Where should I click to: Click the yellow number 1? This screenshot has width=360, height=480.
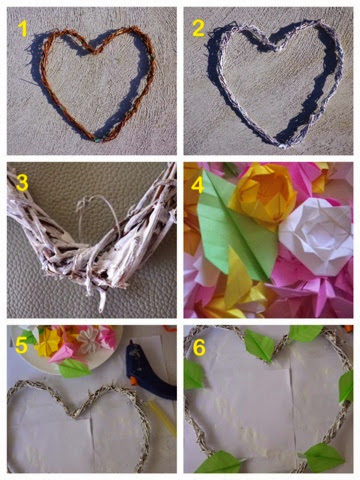click(22, 28)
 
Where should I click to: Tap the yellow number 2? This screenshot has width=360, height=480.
click(199, 28)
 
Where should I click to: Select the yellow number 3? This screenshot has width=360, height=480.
click(22, 183)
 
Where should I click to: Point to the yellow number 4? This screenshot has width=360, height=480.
click(197, 185)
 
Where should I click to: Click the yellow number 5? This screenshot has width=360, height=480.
click(21, 346)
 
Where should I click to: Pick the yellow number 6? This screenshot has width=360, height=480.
click(199, 348)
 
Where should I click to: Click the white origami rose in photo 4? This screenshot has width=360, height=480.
click(316, 236)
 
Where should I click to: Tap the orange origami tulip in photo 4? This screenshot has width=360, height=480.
click(263, 193)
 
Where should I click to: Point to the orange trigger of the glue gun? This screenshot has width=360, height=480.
click(134, 381)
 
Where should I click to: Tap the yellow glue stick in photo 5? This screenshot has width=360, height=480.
click(163, 418)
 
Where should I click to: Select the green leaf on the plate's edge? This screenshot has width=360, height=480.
click(74, 368)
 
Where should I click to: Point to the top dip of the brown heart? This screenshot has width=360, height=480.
click(93, 51)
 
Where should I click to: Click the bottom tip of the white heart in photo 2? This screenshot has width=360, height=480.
click(283, 145)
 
